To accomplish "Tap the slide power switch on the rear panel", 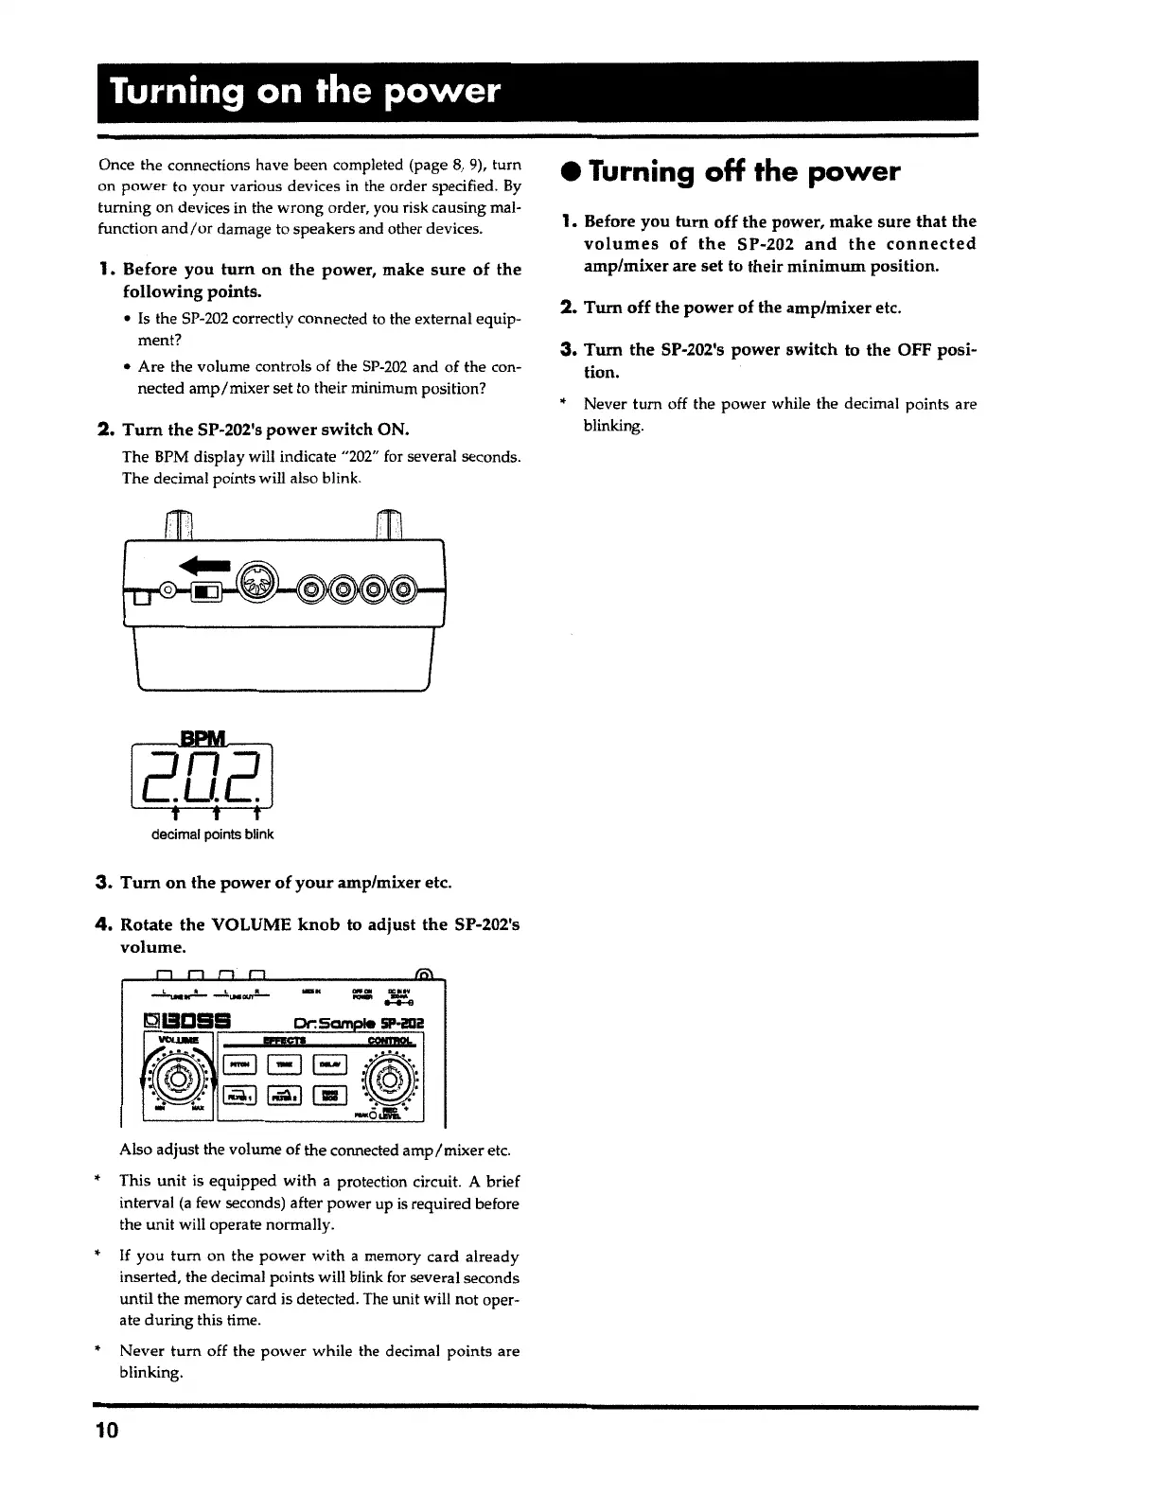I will pos(206,593).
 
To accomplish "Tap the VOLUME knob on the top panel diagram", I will pos(178,1079).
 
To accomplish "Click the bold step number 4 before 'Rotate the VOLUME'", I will pos(104,924).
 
